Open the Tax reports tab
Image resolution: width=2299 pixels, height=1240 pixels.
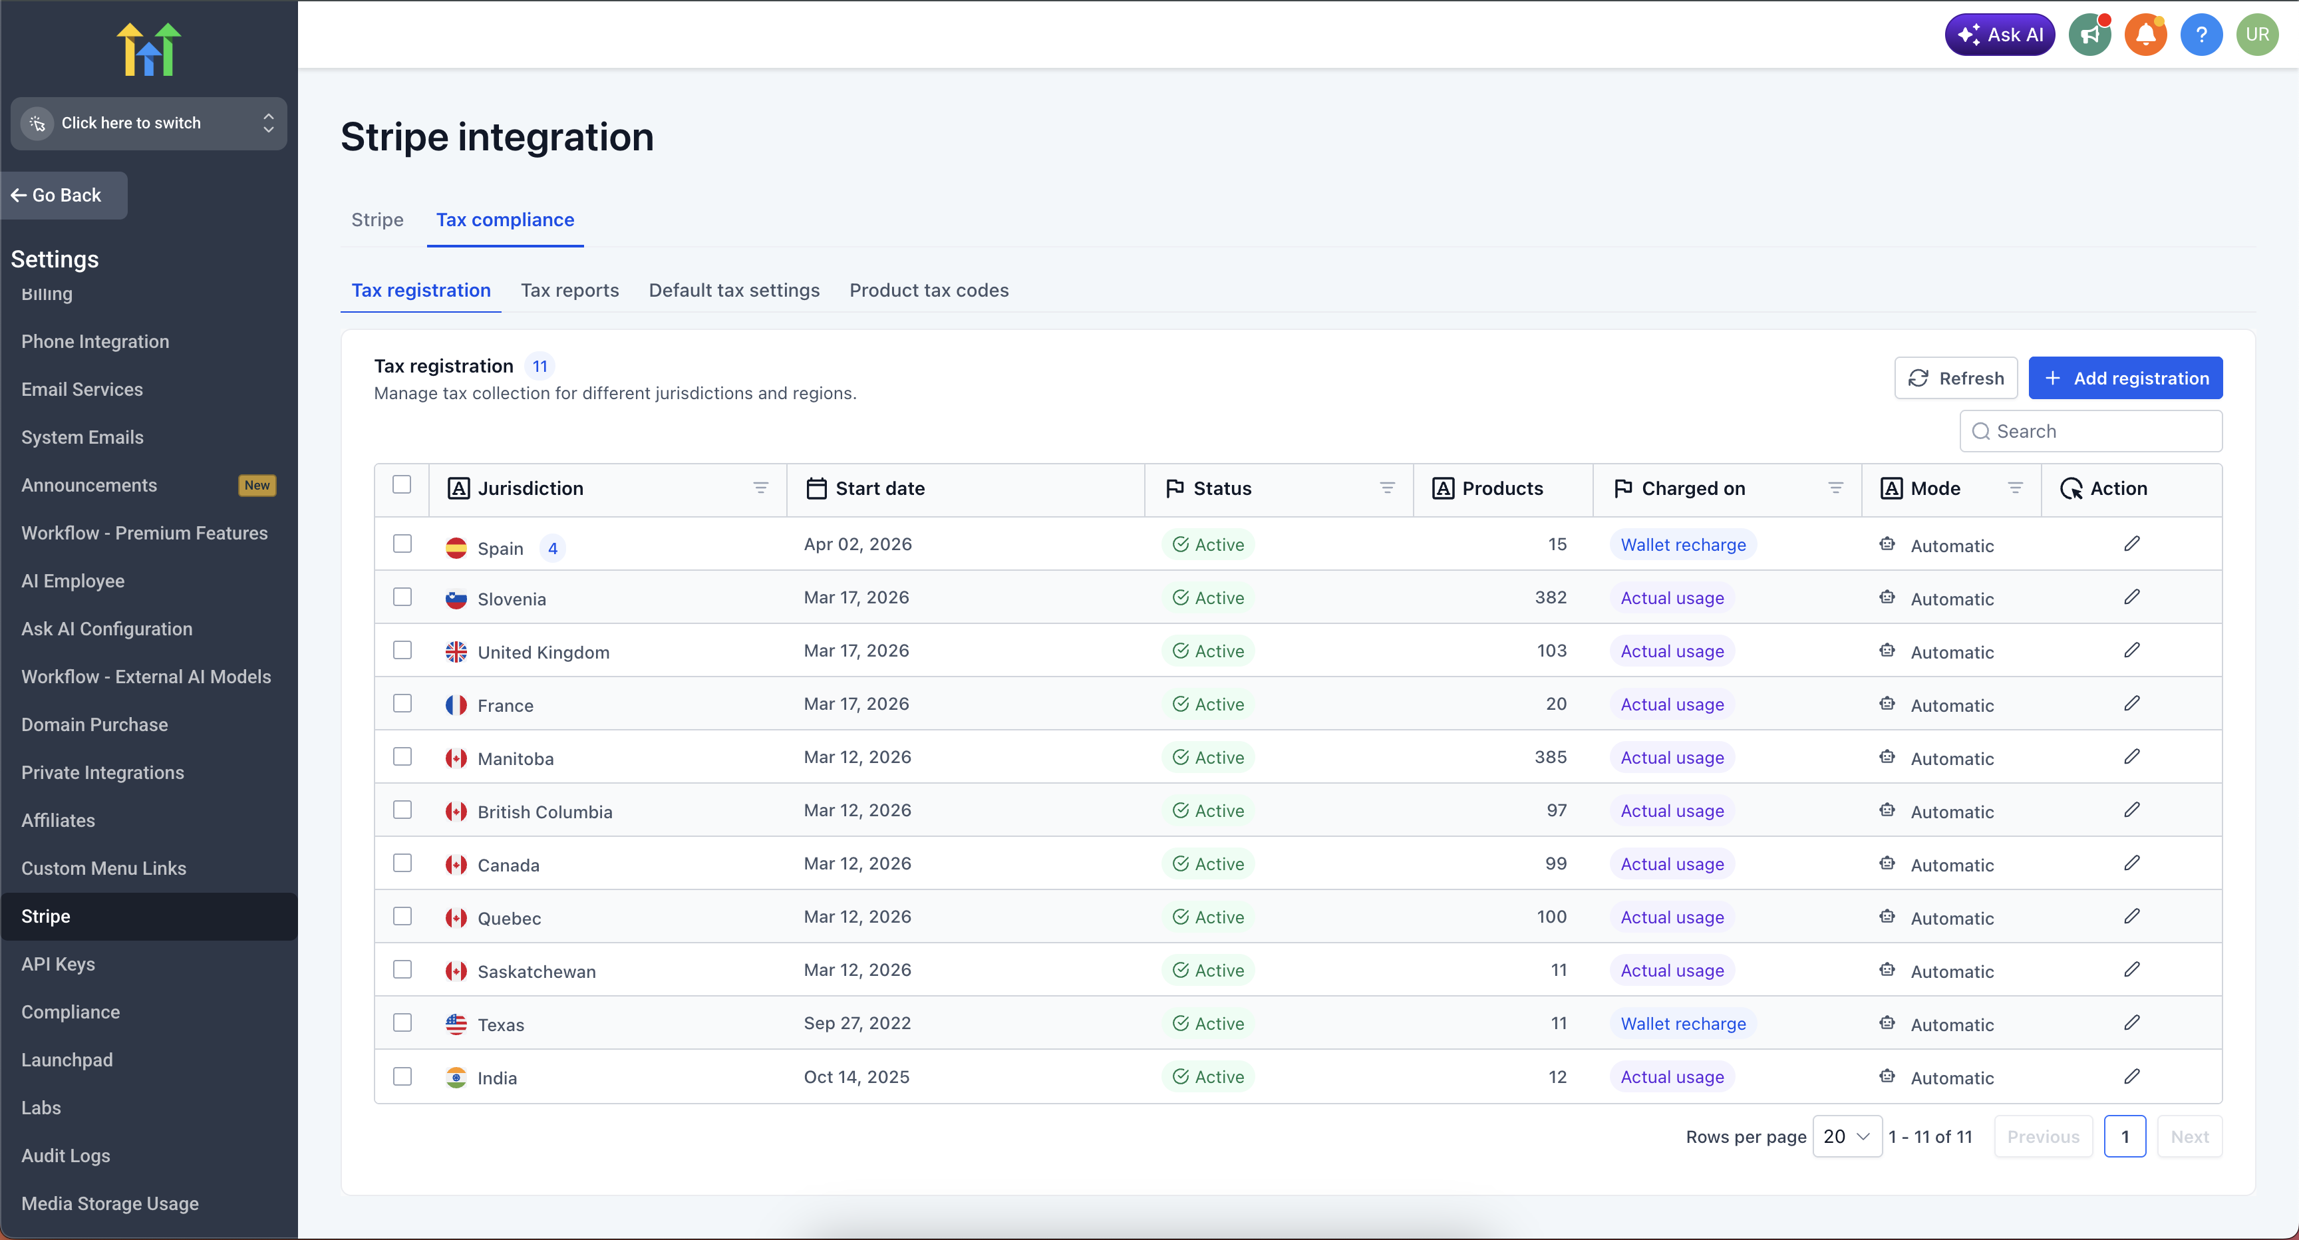pyautogui.click(x=569, y=290)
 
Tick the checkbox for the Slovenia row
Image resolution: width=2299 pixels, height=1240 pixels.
pyautogui.click(x=402, y=597)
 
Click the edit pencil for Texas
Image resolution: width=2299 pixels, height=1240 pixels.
pyautogui.click(x=2131, y=1023)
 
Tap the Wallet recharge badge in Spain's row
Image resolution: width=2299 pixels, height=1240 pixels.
pyautogui.click(x=1682, y=545)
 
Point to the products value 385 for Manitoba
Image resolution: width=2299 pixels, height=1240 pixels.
pyautogui.click(x=1550, y=757)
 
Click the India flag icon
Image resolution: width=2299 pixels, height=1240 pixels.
pyautogui.click(x=456, y=1078)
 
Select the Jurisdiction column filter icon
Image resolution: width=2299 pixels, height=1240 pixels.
pyautogui.click(x=760, y=488)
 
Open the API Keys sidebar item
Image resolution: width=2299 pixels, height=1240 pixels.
pyautogui.click(x=58, y=964)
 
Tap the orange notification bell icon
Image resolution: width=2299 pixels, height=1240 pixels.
pyautogui.click(x=2145, y=35)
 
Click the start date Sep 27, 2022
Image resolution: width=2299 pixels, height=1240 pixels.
pyautogui.click(x=857, y=1023)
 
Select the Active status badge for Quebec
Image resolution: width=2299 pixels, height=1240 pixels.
pyautogui.click(x=1209, y=917)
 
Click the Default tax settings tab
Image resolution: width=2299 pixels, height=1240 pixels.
pyautogui.click(x=734, y=290)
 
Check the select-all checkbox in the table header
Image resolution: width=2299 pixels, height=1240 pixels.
pyautogui.click(x=402, y=485)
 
